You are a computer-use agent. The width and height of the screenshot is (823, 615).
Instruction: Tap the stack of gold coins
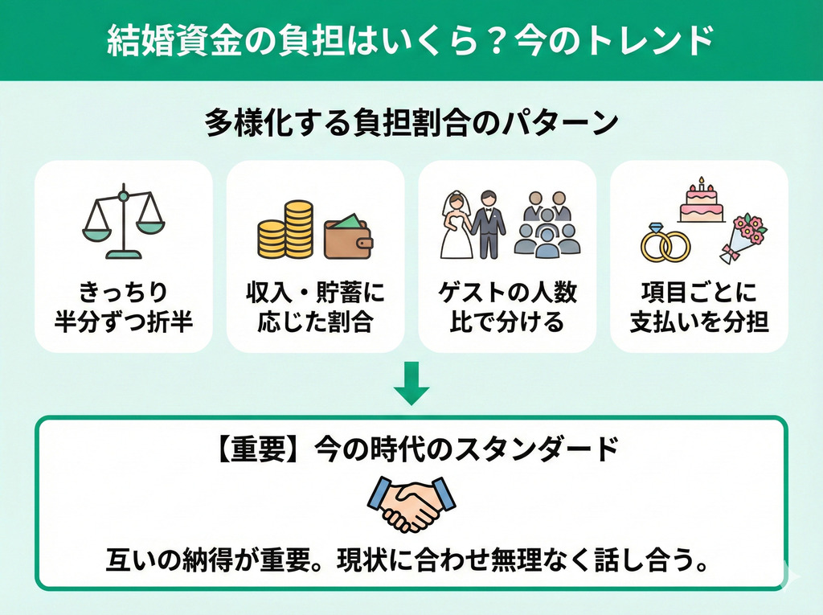click(285, 231)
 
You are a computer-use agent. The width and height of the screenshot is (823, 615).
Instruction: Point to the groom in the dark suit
click(488, 225)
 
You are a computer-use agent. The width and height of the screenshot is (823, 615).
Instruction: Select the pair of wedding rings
click(665, 244)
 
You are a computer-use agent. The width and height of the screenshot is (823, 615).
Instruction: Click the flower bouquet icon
click(743, 237)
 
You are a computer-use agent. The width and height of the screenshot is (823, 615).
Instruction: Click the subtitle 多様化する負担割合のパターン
click(411, 124)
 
